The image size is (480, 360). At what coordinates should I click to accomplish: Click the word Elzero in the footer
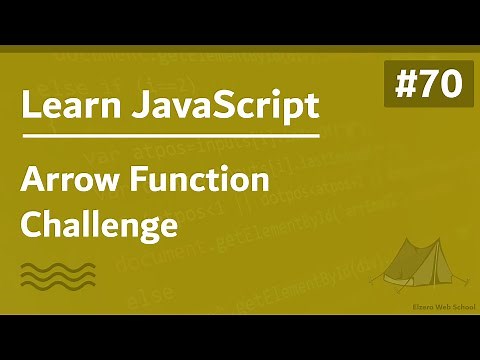[x=398, y=309]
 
